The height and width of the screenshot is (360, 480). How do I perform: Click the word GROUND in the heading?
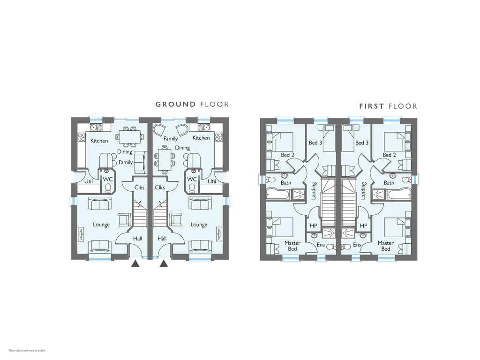pos(175,105)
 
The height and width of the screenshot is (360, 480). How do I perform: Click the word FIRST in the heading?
pos(372,106)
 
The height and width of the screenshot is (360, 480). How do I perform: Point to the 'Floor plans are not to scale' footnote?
pos(27,351)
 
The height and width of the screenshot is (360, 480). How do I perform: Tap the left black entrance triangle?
pos(135,263)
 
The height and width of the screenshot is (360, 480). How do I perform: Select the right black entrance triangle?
pos(164,263)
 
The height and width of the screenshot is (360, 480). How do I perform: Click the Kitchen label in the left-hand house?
pos(99,141)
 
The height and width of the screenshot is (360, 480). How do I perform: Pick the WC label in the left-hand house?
pos(108,179)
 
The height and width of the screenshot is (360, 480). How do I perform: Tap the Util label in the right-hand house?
pos(212,181)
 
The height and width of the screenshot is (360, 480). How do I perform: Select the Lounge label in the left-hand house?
pos(101,225)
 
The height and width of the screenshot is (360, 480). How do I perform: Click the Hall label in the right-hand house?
pos(162,239)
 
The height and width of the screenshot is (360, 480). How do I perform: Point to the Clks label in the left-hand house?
pos(139,187)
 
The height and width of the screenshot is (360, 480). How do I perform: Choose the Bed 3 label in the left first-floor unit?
pos(315,142)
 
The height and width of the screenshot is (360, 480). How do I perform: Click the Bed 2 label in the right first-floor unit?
pos(389,155)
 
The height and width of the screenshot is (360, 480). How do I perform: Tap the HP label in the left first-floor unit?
pos(314,226)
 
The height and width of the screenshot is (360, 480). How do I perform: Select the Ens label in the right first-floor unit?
pos(357,245)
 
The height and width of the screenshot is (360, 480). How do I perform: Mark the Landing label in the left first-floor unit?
pos(314,191)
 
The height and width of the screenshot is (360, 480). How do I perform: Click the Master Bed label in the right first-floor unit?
pos(386,246)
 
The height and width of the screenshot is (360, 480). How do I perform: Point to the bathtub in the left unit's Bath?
pos(277,195)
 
